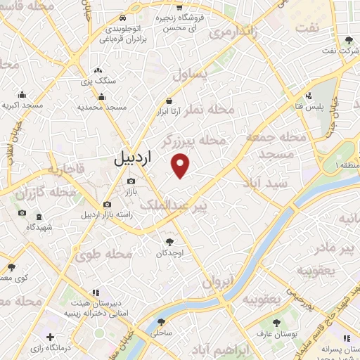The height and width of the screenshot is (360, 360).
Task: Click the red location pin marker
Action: tap(181, 166)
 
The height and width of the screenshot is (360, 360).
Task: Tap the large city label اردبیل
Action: tap(132, 159)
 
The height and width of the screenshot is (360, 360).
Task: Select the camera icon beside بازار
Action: tap(131, 181)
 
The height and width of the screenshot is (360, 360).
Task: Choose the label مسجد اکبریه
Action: tap(22, 105)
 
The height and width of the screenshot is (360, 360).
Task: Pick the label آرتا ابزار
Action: tap(169, 112)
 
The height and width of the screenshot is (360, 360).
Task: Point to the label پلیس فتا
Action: tap(309, 105)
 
